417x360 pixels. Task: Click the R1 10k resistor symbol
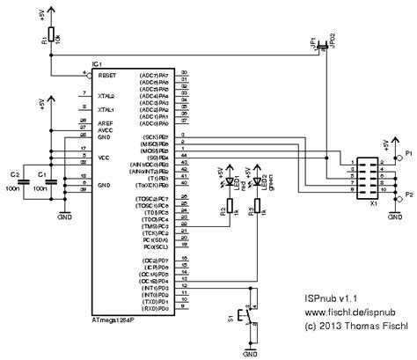tap(52, 40)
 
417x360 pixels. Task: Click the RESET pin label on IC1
tap(107, 77)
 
